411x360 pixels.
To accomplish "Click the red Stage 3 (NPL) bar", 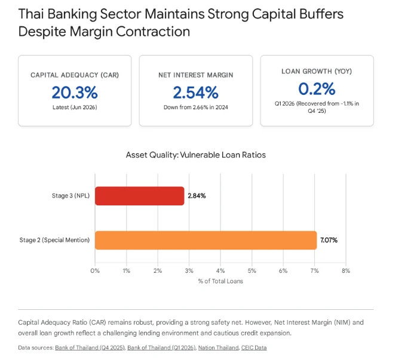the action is point(139,196).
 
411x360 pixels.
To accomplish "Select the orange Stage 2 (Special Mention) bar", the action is point(205,240).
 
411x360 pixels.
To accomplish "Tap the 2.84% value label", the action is point(197,196).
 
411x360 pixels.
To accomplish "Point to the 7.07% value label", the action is point(329,240).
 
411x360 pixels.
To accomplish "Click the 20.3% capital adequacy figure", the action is point(75,93).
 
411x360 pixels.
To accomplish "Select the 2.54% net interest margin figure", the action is point(195,93).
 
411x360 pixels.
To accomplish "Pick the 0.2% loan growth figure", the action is point(317,89).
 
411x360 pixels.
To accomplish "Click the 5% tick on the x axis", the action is point(251,270).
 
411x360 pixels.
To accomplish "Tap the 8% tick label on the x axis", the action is point(346,270).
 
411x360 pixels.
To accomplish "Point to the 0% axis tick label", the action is point(95,270).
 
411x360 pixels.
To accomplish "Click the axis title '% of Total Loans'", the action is point(220,281).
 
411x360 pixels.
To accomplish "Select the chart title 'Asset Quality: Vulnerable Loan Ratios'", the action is point(196,155).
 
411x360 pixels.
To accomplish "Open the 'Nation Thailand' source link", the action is point(219,347).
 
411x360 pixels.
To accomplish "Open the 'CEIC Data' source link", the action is point(254,347).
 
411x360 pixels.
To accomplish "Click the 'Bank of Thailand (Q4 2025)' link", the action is point(90,347).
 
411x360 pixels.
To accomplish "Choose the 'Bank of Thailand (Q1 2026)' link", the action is point(161,347).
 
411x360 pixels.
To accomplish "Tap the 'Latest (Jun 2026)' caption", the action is point(75,107).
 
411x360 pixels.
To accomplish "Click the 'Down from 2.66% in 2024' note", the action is point(196,107).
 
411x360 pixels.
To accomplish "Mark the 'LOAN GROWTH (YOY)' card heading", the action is point(317,71).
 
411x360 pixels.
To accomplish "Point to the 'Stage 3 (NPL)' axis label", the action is point(70,196).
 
